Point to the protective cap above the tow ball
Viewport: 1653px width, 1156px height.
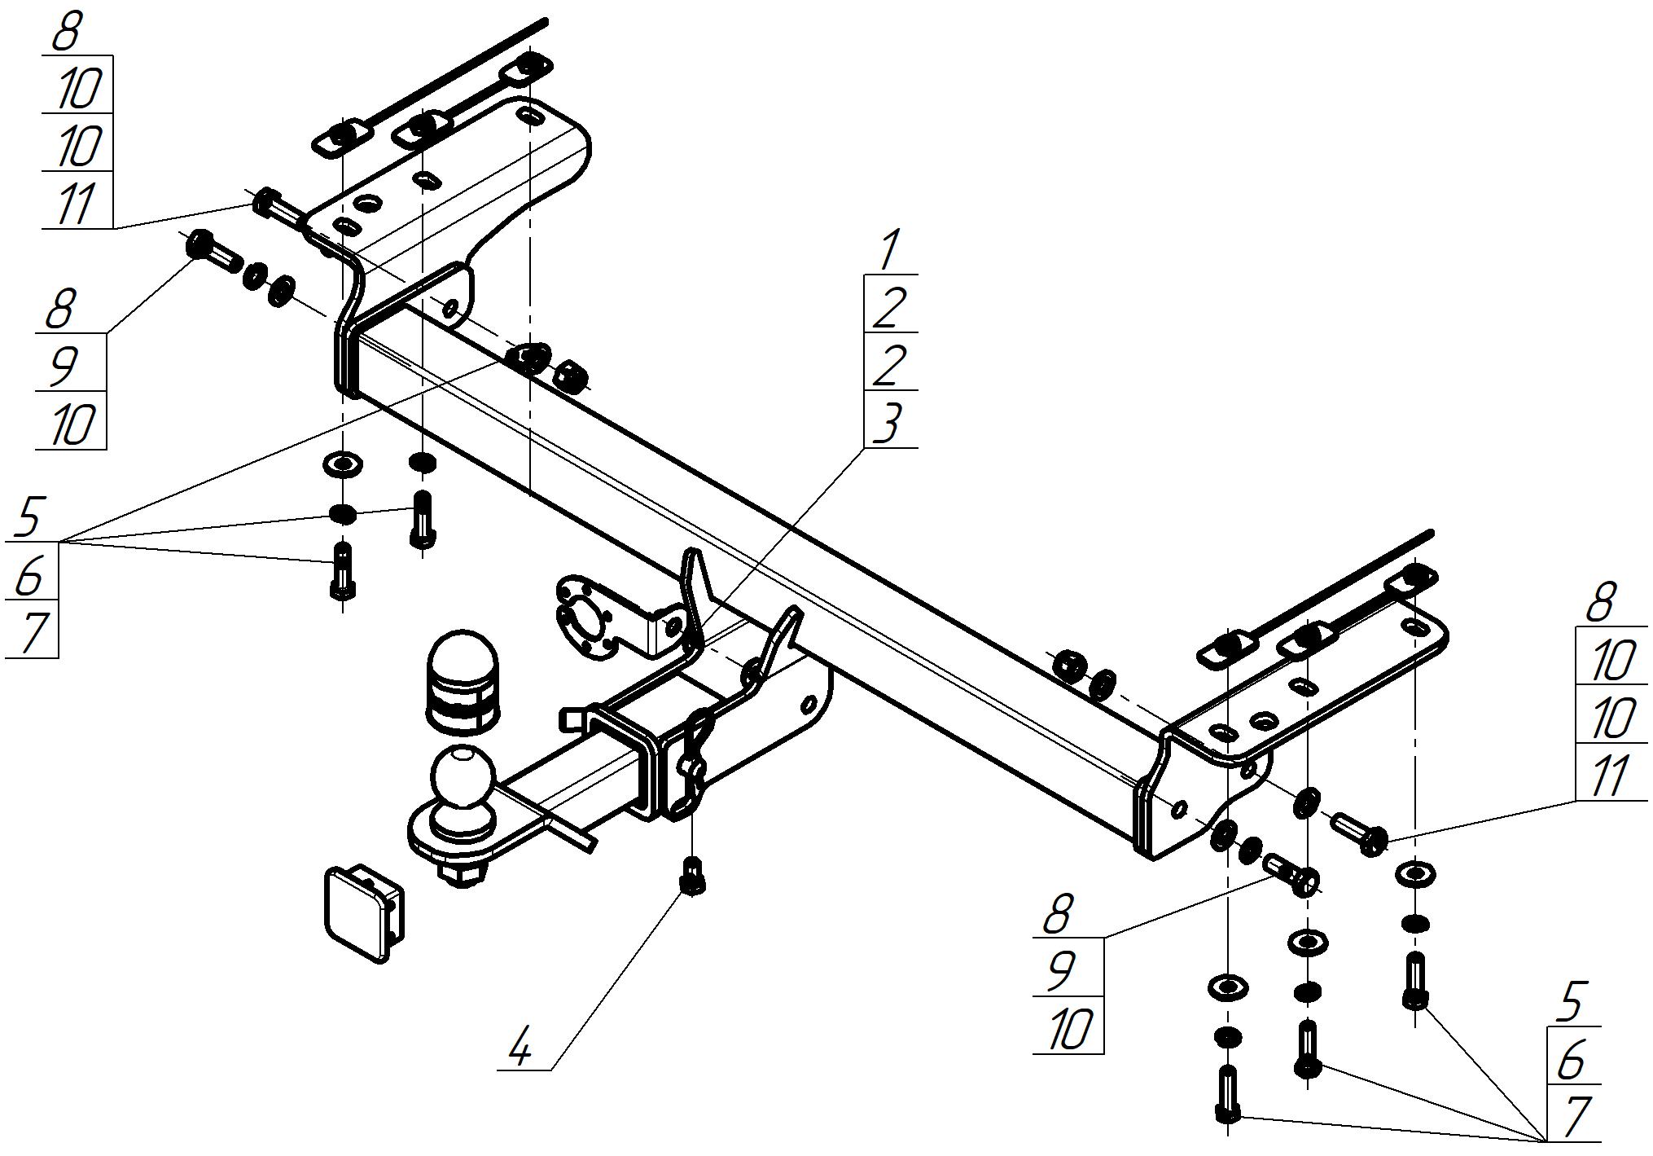[462, 681]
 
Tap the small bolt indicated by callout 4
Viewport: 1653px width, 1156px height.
[692, 878]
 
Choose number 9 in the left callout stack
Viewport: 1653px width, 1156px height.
[65, 364]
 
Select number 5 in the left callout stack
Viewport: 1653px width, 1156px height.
[29, 516]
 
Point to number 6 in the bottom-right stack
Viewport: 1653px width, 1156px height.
[1572, 1058]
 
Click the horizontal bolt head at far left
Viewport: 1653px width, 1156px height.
[200, 244]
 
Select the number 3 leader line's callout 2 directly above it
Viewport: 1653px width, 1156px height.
[889, 364]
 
